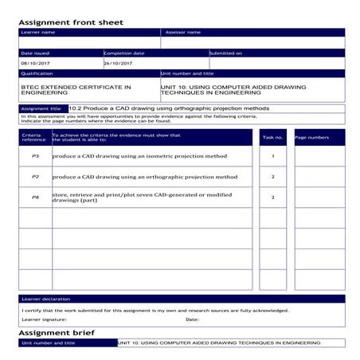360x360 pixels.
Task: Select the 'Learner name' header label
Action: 38,33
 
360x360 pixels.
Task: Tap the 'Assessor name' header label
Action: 182,33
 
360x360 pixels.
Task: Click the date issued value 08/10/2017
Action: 35,63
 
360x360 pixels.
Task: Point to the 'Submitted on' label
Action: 226,53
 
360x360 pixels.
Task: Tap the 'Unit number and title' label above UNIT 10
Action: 187,73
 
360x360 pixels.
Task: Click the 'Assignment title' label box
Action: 41,108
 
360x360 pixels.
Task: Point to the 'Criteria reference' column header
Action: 33,138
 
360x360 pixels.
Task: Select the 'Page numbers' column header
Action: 311,138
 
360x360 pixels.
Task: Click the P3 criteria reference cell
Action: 35,156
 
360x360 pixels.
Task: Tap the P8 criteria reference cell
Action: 35,197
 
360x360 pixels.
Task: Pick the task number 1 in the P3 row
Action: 272,156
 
